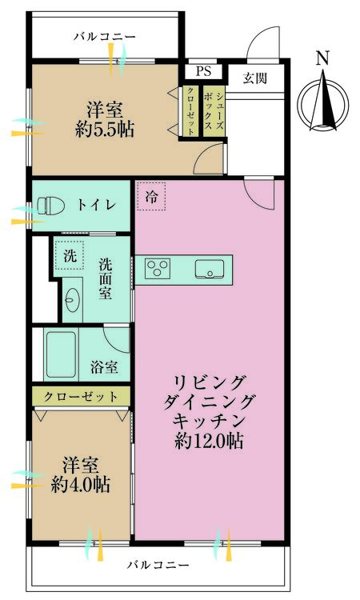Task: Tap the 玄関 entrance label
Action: pos(255,77)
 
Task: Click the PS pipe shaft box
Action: pos(203,71)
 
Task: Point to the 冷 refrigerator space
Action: pos(151,197)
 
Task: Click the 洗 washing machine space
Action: pos(70,258)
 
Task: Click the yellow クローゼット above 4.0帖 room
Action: pos(81,396)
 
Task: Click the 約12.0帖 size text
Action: pos(209,439)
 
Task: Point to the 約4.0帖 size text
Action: pos(81,485)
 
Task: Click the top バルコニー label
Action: pos(105,37)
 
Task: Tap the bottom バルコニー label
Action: pos(158,565)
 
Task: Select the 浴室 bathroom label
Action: pos(104,367)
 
